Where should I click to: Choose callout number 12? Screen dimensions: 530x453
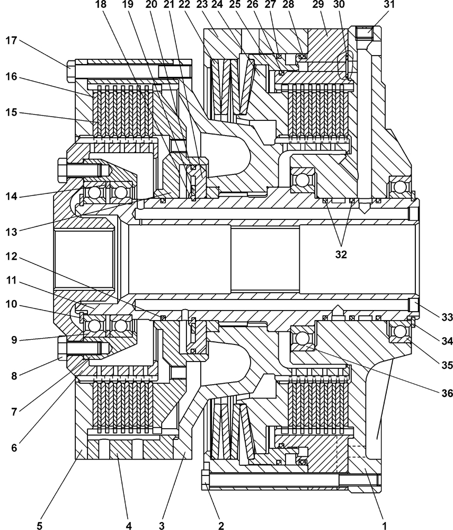click(x=15, y=257)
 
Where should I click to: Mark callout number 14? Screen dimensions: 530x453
click(x=15, y=196)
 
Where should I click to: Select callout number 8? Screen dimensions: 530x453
click(x=15, y=361)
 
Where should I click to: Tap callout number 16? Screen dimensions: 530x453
click(x=15, y=76)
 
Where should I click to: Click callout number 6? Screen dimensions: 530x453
click(x=15, y=447)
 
